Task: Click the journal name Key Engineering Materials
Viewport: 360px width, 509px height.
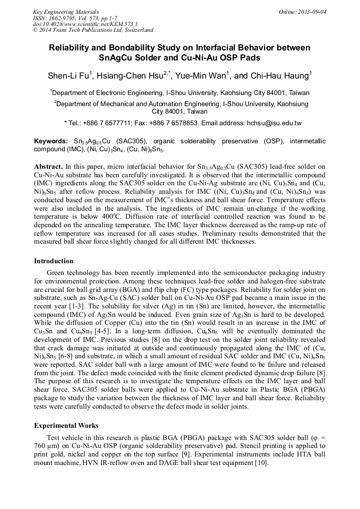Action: coord(65,12)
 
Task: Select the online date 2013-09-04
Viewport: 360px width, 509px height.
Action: coord(310,12)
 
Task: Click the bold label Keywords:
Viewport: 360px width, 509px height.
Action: coord(51,142)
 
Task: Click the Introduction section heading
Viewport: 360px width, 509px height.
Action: coord(54,261)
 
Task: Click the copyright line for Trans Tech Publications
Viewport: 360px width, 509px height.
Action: coord(93,30)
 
